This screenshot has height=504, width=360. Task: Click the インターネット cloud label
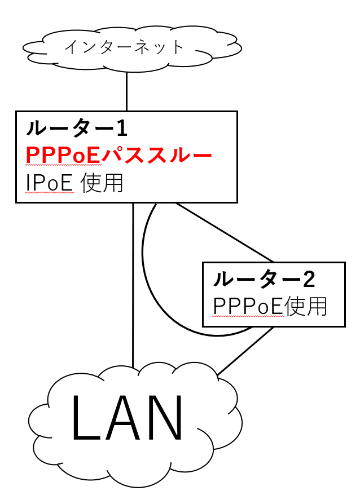pos(125,47)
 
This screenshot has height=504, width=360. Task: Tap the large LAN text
pos(128,418)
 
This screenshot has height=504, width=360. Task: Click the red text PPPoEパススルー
pos(118,156)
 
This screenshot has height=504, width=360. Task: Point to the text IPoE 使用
pos(74,183)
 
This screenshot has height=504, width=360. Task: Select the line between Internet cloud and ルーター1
pos(126,91)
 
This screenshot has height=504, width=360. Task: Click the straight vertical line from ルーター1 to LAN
pos(133,282)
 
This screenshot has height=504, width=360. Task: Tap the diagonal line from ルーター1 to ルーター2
pos(226,233)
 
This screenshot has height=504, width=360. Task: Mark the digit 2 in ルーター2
pos(308,278)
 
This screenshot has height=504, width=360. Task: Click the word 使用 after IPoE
pos(102,183)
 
